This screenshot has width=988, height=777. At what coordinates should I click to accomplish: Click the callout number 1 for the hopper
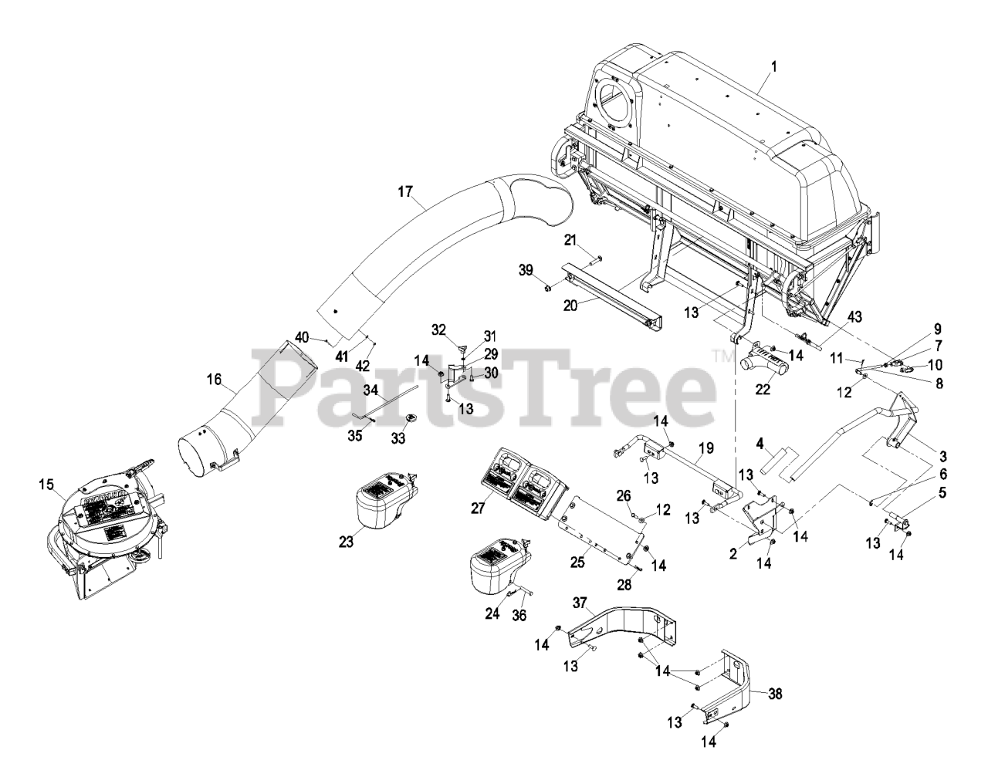773,66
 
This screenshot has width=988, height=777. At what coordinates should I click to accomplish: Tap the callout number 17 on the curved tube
405,191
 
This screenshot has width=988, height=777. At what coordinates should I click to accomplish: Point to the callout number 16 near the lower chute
214,379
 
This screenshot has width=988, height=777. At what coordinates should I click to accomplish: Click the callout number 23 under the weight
345,542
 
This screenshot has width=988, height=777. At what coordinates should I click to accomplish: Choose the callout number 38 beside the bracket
776,694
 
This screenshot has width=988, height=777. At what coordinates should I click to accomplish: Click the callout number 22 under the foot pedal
763,390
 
